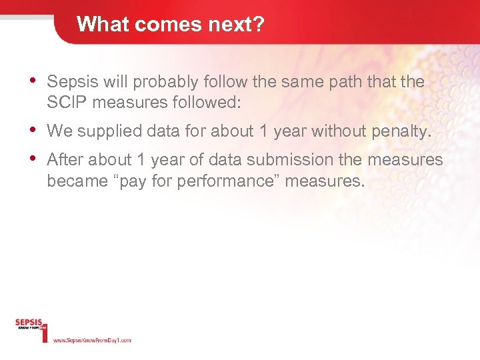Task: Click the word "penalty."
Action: pyautogui.click(x=400, y=131)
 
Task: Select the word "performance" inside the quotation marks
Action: pyautogui.click(x=230, y=181)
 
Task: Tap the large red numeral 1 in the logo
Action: pyautogui.click(x=45, y=331)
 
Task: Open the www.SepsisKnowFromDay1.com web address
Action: pyautogui.click(x=92, y=340)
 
